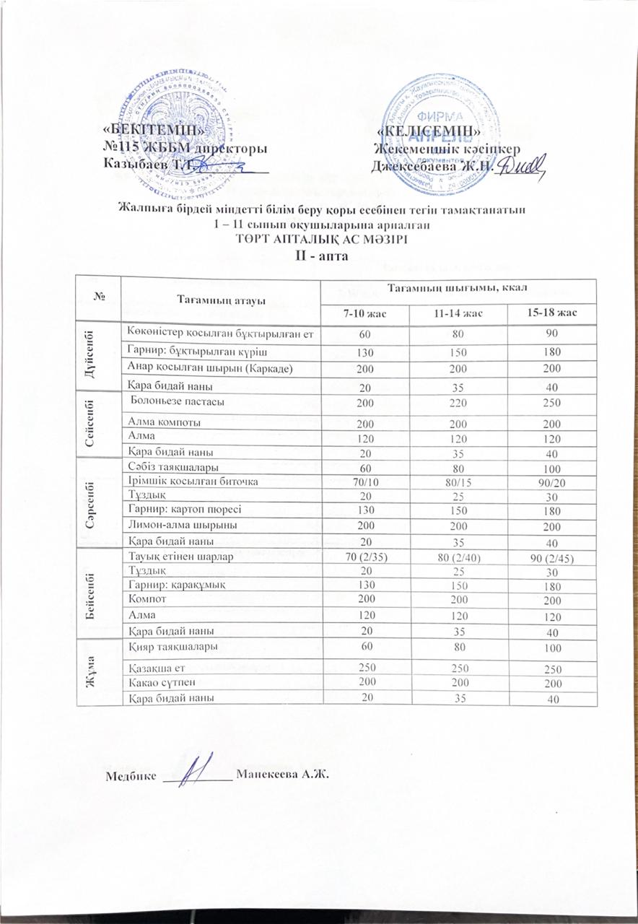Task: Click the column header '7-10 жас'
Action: click(364, 313)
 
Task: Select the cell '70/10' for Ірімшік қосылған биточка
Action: click(364, 481)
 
